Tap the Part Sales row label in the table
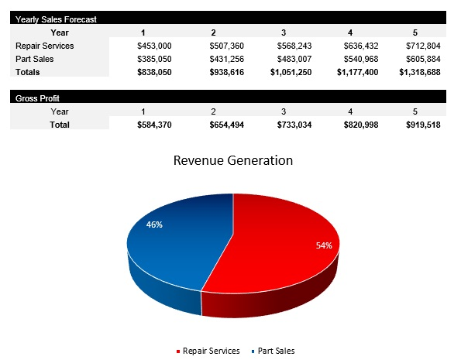click(x=33, y=59)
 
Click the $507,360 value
click(x=226, y=46)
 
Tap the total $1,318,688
click(x=419, y=72)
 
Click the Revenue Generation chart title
click(x=233, y=161)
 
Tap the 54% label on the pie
click(x=324, y=245)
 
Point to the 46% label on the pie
click(x=154, y=225)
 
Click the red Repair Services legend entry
click(x=208, y=351)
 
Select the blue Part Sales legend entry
click(x=274, y=351)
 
